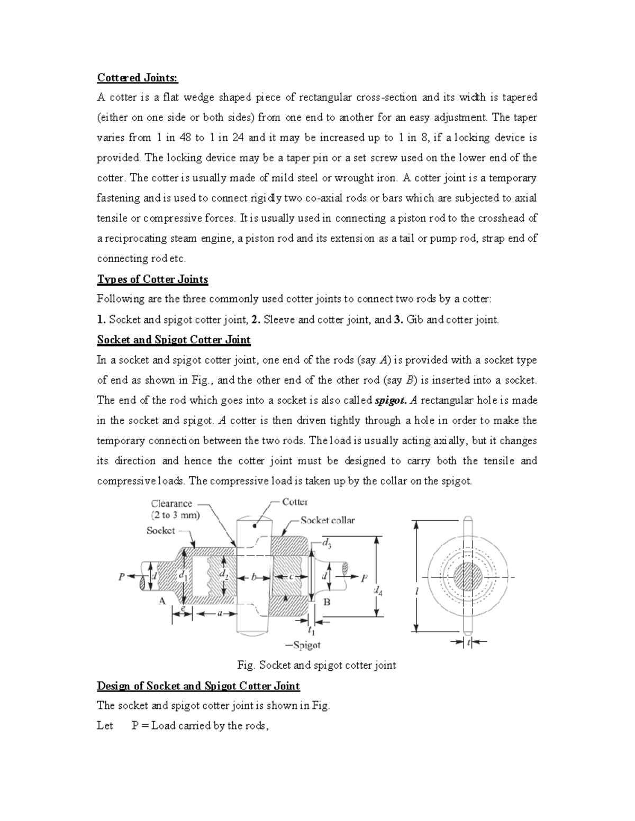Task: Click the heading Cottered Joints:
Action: (138, 78)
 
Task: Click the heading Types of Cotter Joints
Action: (152, 279)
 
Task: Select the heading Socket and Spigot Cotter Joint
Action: (174, 339)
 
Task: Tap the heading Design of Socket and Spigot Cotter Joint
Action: (198, 686)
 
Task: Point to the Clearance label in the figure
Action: (171, 504)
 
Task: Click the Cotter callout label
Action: (295, 502)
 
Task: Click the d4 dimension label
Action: (378, 591)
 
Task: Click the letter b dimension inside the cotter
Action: (254, 577)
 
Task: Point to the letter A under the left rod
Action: (162, 601)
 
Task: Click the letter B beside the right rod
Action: (327, 601)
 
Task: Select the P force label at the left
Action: (122, 577)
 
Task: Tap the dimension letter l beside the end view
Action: (416, 592)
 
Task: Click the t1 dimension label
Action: (312, 631)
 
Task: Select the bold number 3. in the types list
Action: (398, 319)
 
